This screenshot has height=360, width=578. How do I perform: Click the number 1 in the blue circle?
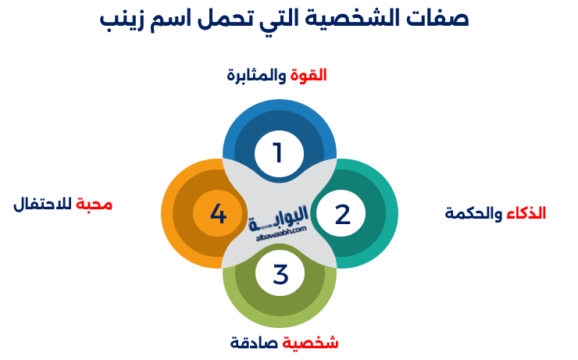pyautogui.click(x=277, y=153)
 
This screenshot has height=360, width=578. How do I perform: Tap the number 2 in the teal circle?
pyautogui.click(x=342, y=214)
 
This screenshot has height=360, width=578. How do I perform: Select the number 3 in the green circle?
pyautogui.click(x=280, y=274)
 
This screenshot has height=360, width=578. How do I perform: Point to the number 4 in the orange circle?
pyautogui.click(x=218, y=214)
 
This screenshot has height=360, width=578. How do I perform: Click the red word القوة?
pyautogui.click(x=309, y=76)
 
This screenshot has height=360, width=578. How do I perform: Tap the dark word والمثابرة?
pyautogui.click(x=256, y=76)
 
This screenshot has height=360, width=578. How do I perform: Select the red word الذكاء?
pyautogui.click(x=526, y=213)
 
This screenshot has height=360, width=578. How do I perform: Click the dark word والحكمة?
pyautogui.click(x=473, y=214)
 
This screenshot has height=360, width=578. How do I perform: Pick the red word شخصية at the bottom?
pyautogui.click(x=310, y=343)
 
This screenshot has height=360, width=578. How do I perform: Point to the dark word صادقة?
pyautogui.click(x=255, y=343)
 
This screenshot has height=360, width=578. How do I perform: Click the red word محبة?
pyautogui.click(x=94, y=204)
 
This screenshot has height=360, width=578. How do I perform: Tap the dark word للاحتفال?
pyautogui.click(x=42, y=204)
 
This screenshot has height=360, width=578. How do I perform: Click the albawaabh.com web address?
pyautogui.click(x=281, y=233)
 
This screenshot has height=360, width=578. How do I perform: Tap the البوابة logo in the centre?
pyautogui.click(x=279, y=219)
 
